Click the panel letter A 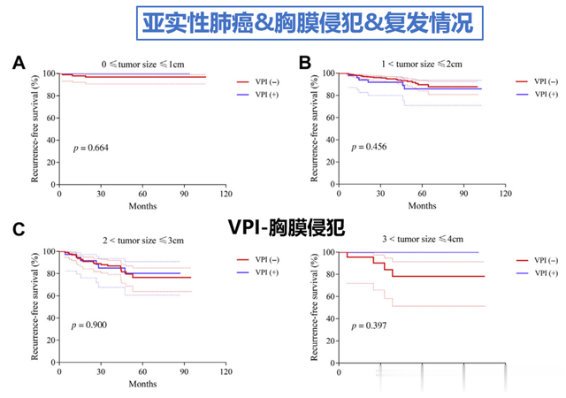(19, 63)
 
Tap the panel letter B (305, 63)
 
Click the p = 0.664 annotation (91, 147)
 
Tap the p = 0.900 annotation (91, 325)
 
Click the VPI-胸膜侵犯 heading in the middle (283, 228)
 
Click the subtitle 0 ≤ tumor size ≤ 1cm (142, 64)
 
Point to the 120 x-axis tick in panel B (504, 193)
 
